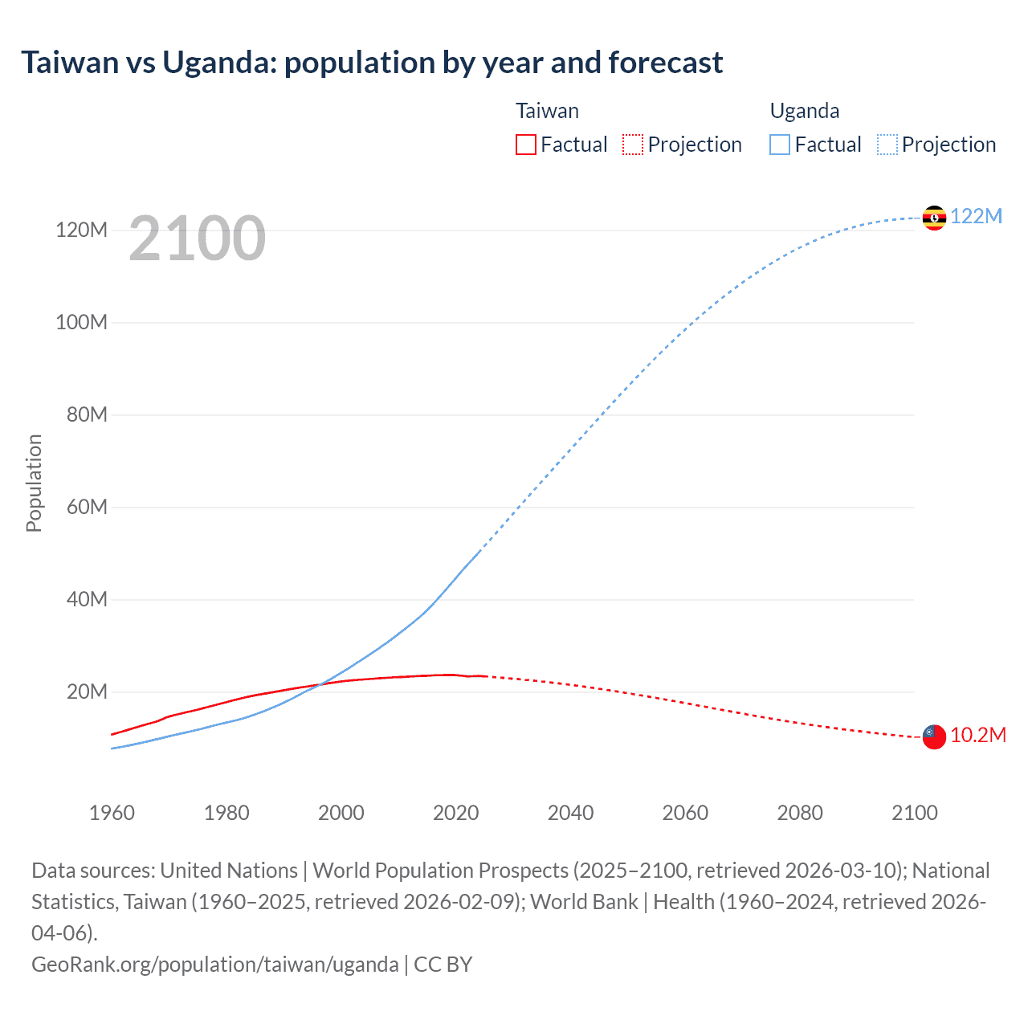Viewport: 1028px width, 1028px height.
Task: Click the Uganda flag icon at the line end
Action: tap(934, 218)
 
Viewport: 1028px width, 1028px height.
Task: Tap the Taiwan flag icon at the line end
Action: tap(934, 736)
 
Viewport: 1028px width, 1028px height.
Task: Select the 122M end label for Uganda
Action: tap(977, 216)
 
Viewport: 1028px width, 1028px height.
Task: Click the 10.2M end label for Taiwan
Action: tap(978, 735)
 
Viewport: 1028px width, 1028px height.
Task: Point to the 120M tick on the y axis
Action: tap(81, 230)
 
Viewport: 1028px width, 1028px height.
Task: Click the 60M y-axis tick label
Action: tap(86, 507)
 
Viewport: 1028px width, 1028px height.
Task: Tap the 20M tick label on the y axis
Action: tap(86, 691)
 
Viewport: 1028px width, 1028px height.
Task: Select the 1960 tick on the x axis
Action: tap(112, 813)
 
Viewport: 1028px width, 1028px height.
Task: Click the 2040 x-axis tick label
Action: tap(570, 813)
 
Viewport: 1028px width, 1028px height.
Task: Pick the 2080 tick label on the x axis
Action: tap(800, 813)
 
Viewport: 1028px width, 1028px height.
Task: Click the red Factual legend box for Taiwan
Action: tap(526, 145)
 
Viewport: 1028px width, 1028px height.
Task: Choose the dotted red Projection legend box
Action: tap(633, 145)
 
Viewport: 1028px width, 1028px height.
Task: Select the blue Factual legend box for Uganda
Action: tap(780, 145)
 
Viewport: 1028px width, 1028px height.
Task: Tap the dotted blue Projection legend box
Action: tap(887, 145)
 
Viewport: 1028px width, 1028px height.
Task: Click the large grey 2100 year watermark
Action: tap(197, 239)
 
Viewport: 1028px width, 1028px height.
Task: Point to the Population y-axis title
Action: tap(34, 483)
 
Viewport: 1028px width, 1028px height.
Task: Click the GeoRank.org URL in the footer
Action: tap(214, 964)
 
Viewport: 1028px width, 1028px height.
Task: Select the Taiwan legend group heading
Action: tap(547, 111)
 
